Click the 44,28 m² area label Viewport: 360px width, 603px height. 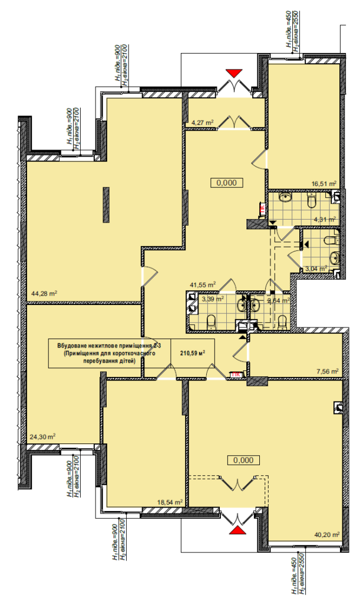[44, 293]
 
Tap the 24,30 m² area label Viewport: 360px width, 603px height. [42, 436]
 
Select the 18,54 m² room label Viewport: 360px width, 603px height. [170, 502]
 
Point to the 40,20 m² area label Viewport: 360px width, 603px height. [327, 535]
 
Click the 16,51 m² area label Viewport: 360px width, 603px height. [323, 184]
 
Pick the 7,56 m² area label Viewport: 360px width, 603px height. [326, 372]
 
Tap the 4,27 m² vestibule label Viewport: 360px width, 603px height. [202, 122]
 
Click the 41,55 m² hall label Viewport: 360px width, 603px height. [202, 284]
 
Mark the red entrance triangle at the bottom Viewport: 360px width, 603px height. [237, 531]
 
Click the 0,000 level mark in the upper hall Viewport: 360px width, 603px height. [227, 183]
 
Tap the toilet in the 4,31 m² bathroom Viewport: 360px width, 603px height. [313, 202]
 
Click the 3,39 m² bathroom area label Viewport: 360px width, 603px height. [212, 299]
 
